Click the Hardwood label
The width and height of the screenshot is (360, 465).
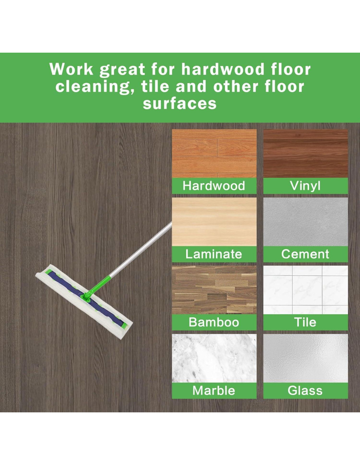214,186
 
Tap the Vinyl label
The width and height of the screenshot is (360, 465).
305,186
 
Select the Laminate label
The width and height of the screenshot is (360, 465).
214,254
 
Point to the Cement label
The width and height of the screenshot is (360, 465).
305,254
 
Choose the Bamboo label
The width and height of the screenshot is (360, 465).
214,322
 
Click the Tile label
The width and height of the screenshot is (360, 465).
305,322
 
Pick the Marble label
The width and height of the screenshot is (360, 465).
214,390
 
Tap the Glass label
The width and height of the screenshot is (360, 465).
305,390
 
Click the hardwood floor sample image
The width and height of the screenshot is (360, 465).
214,153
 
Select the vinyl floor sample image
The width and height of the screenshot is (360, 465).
306,153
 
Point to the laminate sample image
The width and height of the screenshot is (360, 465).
214,222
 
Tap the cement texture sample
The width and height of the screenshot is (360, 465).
306,222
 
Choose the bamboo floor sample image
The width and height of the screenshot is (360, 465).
214,290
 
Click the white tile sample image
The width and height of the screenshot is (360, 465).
306,290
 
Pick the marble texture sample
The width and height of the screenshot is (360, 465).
214,358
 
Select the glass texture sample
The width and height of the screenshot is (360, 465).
306,358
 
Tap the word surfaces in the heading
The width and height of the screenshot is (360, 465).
180,104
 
